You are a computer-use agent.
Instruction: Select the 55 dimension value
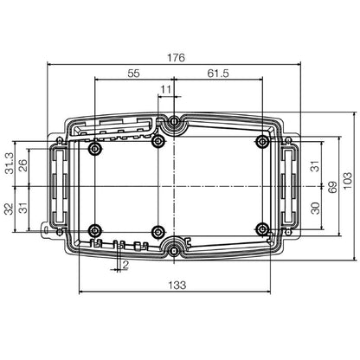click(132, 74)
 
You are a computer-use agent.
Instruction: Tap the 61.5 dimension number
click(218, 74)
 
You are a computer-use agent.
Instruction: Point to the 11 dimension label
click(166, 89)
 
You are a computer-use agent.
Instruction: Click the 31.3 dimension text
click(9, 162)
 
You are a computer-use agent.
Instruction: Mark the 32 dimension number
click(9, 209)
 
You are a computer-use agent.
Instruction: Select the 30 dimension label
click(315, 208)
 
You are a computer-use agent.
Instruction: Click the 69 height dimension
click(331, 186)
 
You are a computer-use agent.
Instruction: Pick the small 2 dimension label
click(125, 264)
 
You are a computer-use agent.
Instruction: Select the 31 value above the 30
click(315, 164)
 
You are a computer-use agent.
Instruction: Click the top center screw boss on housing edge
click(175, 123)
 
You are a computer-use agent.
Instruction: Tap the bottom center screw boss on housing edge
click(175, 250)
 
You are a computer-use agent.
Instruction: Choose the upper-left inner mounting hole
click(94, 149)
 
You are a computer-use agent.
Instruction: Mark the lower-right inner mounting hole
click(262, 229)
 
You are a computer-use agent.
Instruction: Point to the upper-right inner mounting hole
click(262, 141)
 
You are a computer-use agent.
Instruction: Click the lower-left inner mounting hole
click(94, 230)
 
